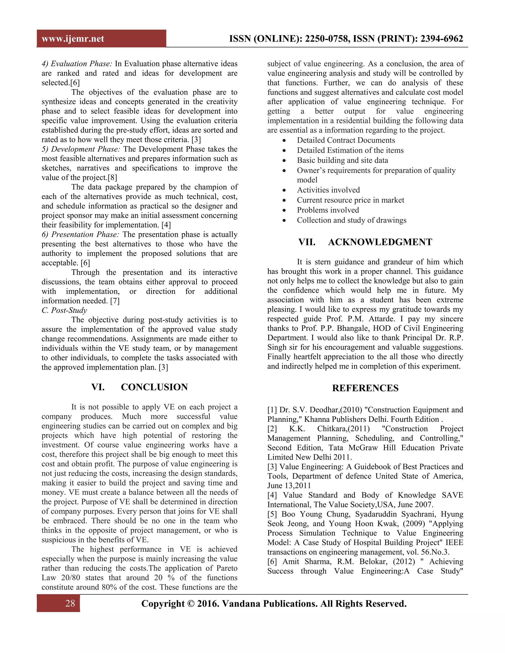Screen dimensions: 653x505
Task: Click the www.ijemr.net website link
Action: (73, 39)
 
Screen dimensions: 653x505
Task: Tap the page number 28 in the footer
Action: (70, 603)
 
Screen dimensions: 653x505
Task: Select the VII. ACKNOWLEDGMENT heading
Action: (365, 242)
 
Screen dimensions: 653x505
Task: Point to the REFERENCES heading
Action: (365, 388)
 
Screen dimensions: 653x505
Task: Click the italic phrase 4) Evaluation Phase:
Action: (77, 64)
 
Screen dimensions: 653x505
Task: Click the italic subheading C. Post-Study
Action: (64, 310)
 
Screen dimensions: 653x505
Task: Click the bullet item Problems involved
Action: (328, 210)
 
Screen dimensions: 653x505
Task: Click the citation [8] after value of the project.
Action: (112, 178)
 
